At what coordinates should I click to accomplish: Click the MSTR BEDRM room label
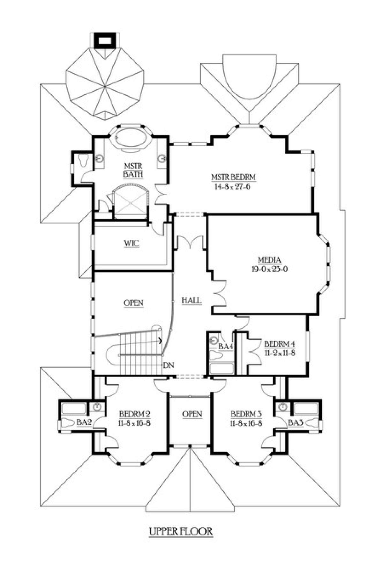[234, 177]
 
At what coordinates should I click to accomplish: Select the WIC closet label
[131, 243]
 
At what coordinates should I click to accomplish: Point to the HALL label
[191, 301]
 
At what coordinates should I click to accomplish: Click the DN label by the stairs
[168, 365]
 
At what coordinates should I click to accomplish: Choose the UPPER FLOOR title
[181, 531]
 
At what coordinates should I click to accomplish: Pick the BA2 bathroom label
[84, 423]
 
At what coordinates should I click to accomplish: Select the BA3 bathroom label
[296, 423]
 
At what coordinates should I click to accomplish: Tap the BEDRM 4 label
[280, 344]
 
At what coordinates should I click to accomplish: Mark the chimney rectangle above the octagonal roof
[104, 40]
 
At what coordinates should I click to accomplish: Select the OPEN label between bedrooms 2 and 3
[192, 414]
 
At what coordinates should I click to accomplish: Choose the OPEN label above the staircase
[133, 303]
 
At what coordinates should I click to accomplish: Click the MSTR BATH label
[133, 170]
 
